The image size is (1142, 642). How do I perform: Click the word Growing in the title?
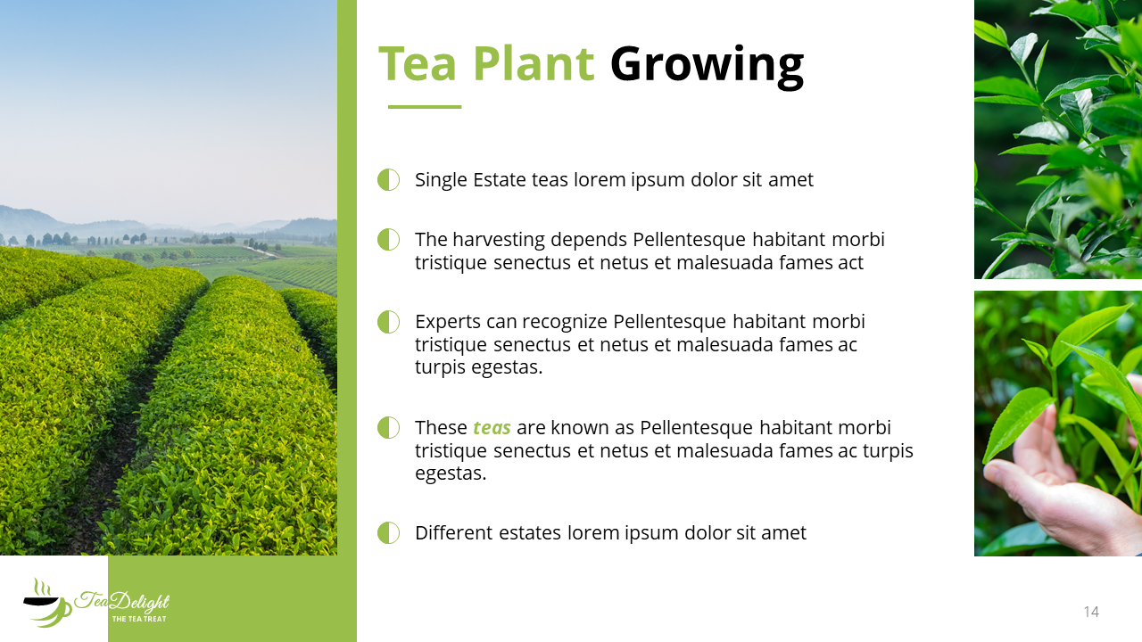point(708,66)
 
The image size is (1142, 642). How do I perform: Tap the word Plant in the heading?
point(534,63)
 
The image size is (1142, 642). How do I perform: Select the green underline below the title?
point(425,107)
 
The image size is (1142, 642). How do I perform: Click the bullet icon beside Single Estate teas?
point(388,180)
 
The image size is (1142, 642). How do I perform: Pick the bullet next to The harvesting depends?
point(388,240)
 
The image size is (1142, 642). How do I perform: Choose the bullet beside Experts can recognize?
point(388,322)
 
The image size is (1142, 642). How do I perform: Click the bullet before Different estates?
point(388,533)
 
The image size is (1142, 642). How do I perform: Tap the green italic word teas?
point(492,428)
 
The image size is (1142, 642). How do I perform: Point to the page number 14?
point(1091,612)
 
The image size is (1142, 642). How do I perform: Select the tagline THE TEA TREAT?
point(139,619)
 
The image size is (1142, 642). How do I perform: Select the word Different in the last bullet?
point(454,533)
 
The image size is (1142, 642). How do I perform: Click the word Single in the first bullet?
point(441,180)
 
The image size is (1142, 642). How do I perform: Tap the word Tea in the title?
point(417,63)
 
